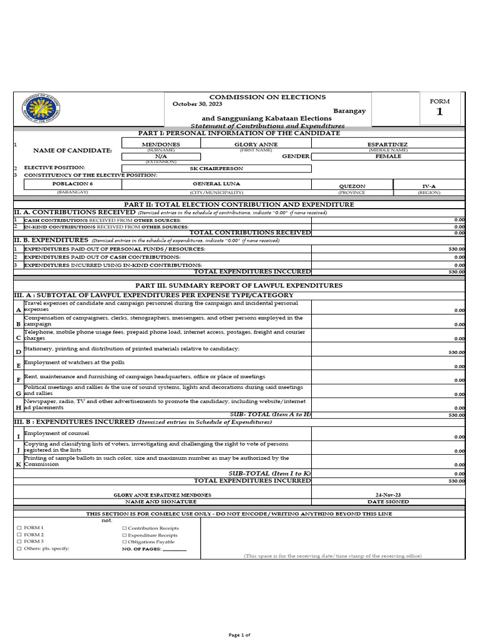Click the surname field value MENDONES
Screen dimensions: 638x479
(x=161, y=143)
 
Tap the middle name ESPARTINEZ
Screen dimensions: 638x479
(x=387, y=143)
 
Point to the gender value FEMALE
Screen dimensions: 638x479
(x=387, y=156)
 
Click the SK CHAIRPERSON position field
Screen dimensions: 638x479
(x=216, y=168)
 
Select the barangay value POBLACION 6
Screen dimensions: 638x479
(x=67, y=184)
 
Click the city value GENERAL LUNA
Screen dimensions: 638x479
(x=216, y=184)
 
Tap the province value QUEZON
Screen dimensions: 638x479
(x=352, y=186)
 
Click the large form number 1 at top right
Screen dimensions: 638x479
(x=439, y=112)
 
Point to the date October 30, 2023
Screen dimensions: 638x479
(x=197, y=103)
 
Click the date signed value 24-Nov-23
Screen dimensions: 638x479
(x=389, y=495)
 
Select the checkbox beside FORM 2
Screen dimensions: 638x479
(x=19, y=535)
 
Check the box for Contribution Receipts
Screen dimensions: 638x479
(x=124, y=528)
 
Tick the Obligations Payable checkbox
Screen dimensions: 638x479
(x=124, y=542)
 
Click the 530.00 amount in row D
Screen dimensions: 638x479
(x=457, y=353)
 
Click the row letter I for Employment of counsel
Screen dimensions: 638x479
(x=18, y=437)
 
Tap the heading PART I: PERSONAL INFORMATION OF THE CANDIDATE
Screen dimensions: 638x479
(x=239, y=133)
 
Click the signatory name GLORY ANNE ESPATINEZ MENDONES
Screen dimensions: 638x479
(x=162, y=495)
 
